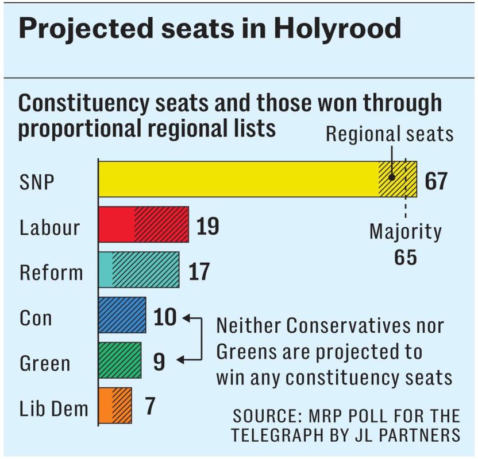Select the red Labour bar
(144, 224)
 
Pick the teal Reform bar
(139, 269)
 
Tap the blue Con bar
(122, 314)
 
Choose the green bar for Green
(120, 360)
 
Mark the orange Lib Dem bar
(115, 405)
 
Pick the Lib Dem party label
(54, 408)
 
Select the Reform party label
(51, 272)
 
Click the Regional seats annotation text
(390, 134)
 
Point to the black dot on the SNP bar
(391, 177)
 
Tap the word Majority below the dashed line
(406, 232)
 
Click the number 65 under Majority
(405, 257)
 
